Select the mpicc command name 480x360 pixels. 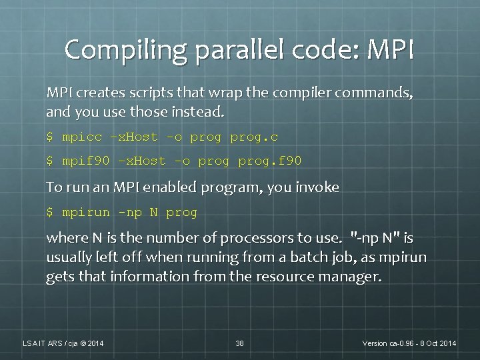click(x=82, y=137)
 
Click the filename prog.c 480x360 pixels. click(x=254, y=137)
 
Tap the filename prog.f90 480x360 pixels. click(x=270, y=161)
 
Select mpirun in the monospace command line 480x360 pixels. click(x=86, y=213)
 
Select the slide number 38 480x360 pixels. click(x=239, y=343)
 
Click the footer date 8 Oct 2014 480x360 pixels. click(x=433, y=343)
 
